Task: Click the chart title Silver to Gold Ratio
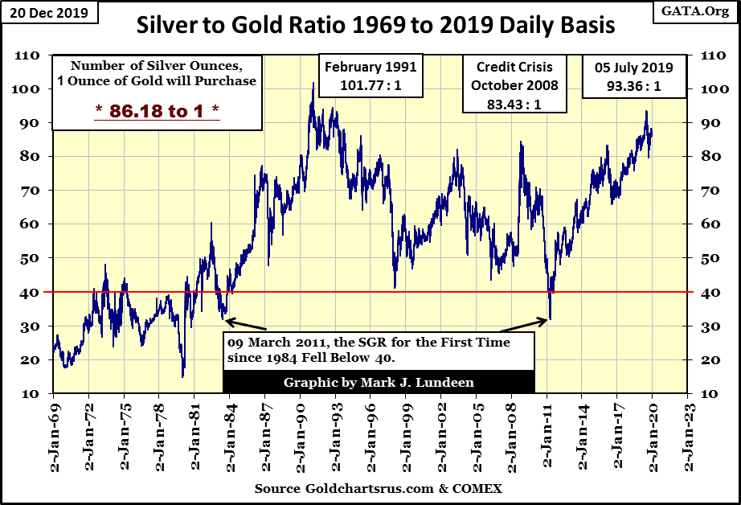point(375,26)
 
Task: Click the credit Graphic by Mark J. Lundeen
point(379,382)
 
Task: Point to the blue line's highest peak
point(313,83)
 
